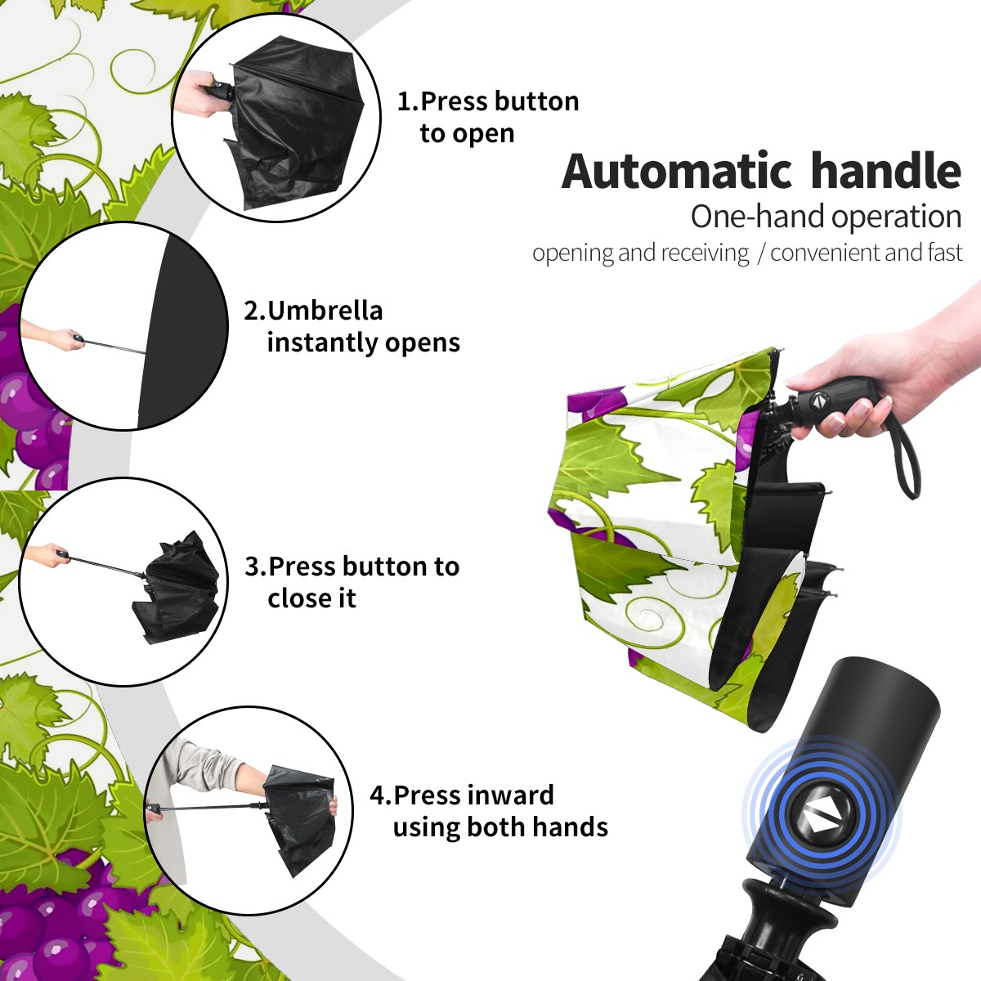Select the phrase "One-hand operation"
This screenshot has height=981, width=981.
point(826,217)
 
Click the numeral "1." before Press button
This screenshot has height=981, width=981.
point(408,101)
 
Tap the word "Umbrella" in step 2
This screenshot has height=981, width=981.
point(325,311)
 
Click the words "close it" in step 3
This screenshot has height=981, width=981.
point(311,598)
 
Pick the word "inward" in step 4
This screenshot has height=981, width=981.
point(509,795)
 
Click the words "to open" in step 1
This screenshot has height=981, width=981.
point(467,134)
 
